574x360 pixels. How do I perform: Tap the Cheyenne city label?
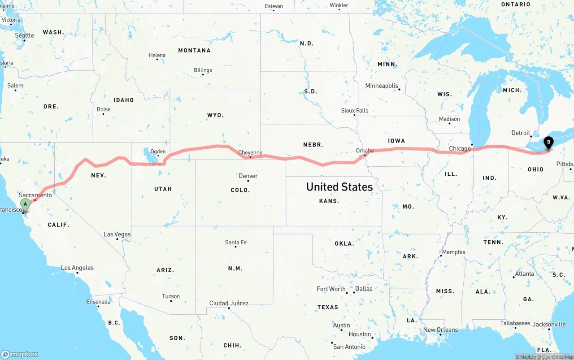pos(250,152)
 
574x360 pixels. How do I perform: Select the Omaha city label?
pos(365,151)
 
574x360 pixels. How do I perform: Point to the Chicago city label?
pos(460,148)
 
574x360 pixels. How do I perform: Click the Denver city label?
pos(248,176)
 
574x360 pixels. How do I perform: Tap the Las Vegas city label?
pos(117,234)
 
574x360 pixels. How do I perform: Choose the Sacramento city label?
pos(35,195)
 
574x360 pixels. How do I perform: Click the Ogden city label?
pos(158,152)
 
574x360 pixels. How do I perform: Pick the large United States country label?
pos(339,187)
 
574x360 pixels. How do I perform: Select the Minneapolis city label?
pos(382,86)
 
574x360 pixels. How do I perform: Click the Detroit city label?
pos(521,133)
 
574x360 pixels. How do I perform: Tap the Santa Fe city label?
pos(235,243)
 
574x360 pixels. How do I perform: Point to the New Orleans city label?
pos(441,330)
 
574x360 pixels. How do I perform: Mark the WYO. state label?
pos(215,115)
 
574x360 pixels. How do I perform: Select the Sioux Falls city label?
pos(354,110)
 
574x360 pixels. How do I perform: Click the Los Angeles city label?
pos(77,268)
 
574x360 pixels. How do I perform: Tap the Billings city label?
pos(203,70)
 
